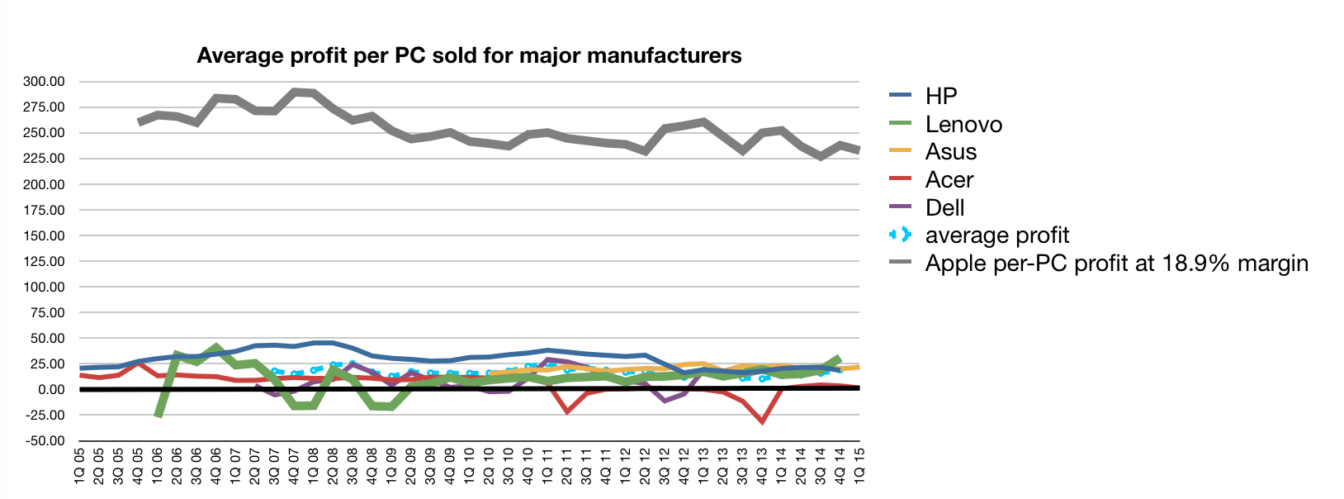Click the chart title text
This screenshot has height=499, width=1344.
(x=469, y=55)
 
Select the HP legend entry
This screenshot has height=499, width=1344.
(x=940, y=96)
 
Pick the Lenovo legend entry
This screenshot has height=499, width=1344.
(x=963, y=124)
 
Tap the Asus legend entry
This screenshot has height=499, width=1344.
(x=950, y=152)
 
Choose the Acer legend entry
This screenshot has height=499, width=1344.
(x=949, y=180)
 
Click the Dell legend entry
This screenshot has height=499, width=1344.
(x=944, y=207)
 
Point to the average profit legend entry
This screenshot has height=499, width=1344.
(x=996, y=235)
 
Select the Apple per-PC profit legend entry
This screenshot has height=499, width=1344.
(x=1116, y=264)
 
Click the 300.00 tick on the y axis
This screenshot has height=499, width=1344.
(x=45, y=82)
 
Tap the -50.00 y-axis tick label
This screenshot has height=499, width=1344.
(x=45, y=441)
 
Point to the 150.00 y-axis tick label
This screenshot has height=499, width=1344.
(x=45, y=236)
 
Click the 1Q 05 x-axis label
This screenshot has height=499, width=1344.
(x=80, y=467)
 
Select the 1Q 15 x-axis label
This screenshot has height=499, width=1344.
(x=859, y=467)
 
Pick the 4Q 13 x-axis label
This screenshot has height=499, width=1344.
(x=762, y=467)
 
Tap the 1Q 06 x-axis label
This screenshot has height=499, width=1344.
(x=158, y=467)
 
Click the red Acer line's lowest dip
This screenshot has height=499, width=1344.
(x=762, y=421)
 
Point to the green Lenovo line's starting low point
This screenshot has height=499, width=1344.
(x=158, y=415)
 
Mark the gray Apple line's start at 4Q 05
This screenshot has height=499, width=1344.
(x=140, y=121)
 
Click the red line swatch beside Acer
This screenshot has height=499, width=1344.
(x=900, y=180)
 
